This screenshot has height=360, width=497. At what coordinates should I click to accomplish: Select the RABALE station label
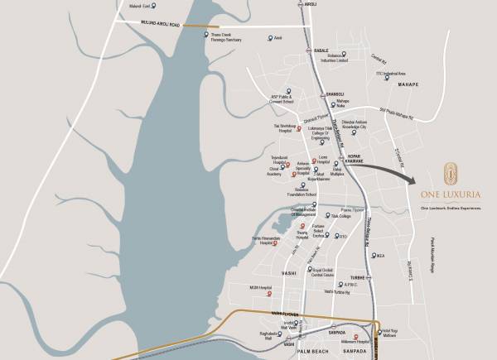pos(321,51)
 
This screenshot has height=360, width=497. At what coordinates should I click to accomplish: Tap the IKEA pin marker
pos(373,254)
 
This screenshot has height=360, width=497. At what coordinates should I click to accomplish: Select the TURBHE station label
pos(356,278)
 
